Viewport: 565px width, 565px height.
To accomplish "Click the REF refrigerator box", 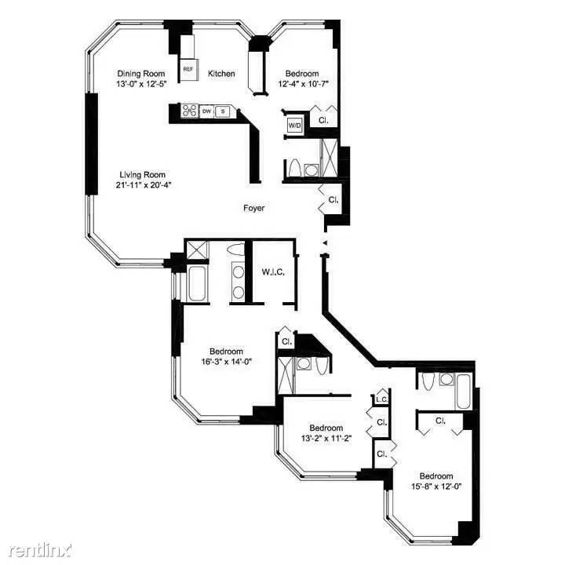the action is coord(188,69).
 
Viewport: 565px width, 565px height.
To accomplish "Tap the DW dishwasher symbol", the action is coord(206,111).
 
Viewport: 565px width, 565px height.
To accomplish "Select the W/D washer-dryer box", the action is coord(294,126).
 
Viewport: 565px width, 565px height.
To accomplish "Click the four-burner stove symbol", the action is coord(189,111).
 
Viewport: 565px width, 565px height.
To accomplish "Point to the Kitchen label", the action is coord(221,74).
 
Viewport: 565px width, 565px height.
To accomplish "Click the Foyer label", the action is coord(253,208).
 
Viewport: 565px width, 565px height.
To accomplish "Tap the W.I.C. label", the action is coord(273,272).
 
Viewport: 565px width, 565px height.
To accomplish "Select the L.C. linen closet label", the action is coord(381,399).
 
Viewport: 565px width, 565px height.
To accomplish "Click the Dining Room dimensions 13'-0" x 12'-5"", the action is coord(141,84).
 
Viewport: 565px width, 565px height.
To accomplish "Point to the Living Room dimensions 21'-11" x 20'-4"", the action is coord(142,185).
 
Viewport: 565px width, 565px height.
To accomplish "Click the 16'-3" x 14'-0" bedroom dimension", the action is coord(226,362).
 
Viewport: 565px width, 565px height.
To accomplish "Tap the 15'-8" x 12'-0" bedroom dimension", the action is coord(436,487).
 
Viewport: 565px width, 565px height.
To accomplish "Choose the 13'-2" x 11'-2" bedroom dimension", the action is coord(326,439).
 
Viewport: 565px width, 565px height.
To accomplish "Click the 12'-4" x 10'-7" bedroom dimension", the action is coord(304,84).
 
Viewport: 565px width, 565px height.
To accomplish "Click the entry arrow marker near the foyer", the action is coord(324,242).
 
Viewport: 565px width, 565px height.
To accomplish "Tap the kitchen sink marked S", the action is coord(223,111).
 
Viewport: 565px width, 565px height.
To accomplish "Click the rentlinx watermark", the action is coord(39,550).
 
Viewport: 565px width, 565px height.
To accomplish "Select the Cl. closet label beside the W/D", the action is coord(323,121).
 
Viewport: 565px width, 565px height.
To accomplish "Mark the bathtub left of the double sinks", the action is coord(197,283).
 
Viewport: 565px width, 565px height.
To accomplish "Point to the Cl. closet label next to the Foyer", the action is coord(334,199).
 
